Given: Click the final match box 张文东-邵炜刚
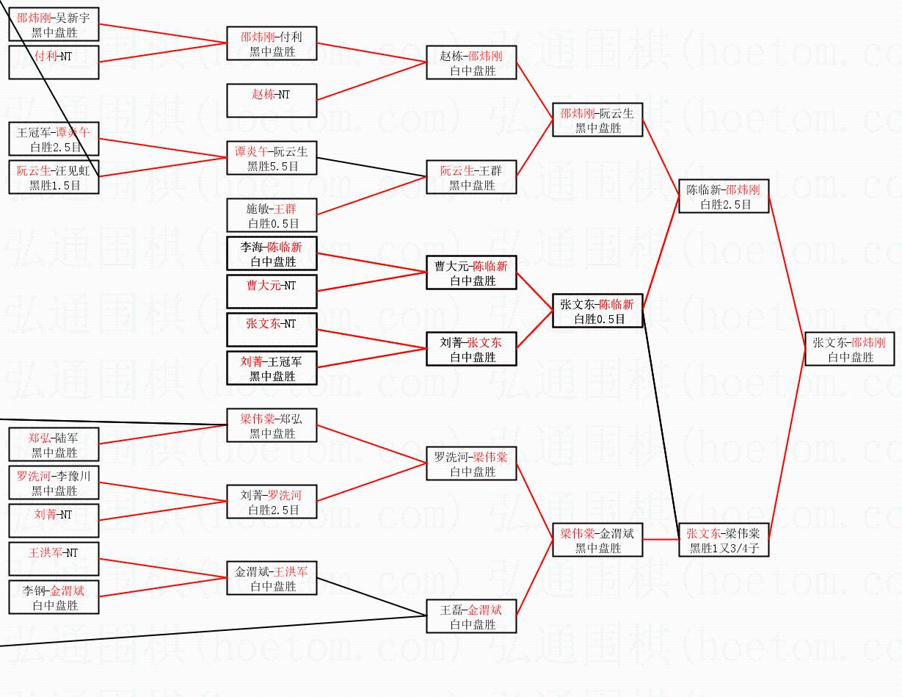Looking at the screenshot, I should click(851, 349).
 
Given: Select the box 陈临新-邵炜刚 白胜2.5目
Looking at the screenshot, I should click(724, 196).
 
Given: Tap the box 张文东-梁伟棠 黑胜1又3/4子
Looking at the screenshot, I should click(724, 541).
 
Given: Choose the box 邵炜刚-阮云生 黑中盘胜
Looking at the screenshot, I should click(597, 120).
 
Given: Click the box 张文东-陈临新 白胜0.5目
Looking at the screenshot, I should click(597, 311).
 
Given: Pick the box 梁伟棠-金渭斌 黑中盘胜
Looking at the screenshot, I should click(597, 540).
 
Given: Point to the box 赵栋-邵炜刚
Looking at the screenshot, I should click(471, 62).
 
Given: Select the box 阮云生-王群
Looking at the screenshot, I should click(471, 178).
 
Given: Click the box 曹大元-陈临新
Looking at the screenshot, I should click(471, 272).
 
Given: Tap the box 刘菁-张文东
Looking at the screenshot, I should click(471, 349).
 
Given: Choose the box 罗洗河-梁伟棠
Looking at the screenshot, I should click(471, 463).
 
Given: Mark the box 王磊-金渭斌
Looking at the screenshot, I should click(471, 616).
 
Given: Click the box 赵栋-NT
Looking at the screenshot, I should click(272, 100).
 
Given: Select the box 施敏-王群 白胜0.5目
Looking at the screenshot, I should click(272, 215).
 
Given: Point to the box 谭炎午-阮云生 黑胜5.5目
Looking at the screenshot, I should click(272, 158).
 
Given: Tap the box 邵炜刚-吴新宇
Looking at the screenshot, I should click(54, 24).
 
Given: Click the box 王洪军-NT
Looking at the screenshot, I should click(54, 559).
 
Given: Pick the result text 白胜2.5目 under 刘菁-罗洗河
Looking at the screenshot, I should click(273, 510).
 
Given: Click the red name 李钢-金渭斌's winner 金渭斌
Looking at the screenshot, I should click(67, 591).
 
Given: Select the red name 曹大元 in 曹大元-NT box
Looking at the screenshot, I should click(263, 286).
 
